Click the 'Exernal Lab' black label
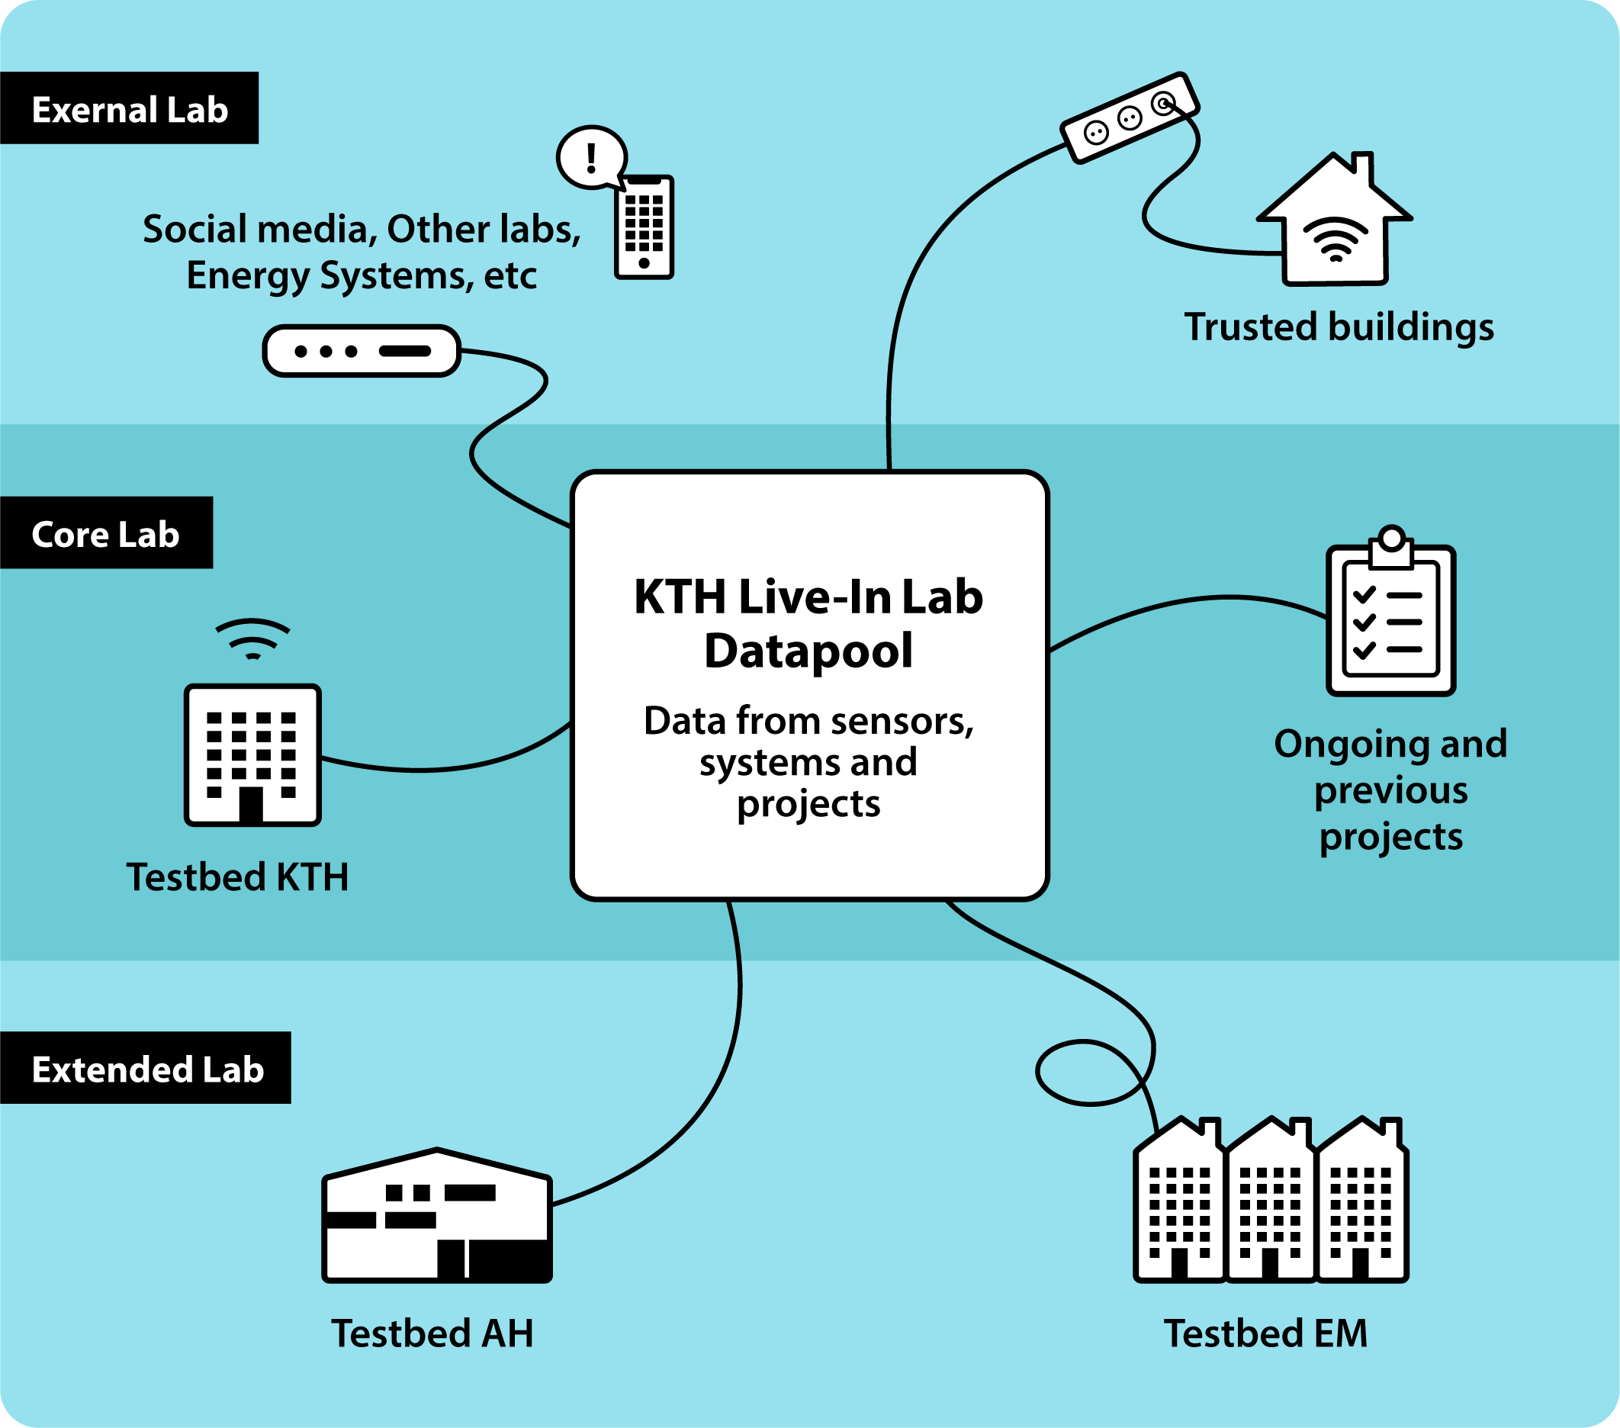tap(129, 108)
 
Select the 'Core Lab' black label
tap(105, 534)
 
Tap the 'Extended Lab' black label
tap(146, 1069)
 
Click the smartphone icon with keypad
tap(644, 227)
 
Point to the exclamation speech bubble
tap(591, 157)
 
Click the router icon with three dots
tap(362, 350)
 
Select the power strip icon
tap(1130, 118)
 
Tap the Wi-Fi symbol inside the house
tap(1336, 239)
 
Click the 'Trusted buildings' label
tap(1339, 326)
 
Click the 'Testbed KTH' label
tap(238, 877)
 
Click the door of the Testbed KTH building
tap(251, 804)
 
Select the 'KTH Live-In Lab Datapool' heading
tap(808, 623)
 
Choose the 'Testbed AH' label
tap(432, 1333)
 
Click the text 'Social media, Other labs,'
tap(362, 229)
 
